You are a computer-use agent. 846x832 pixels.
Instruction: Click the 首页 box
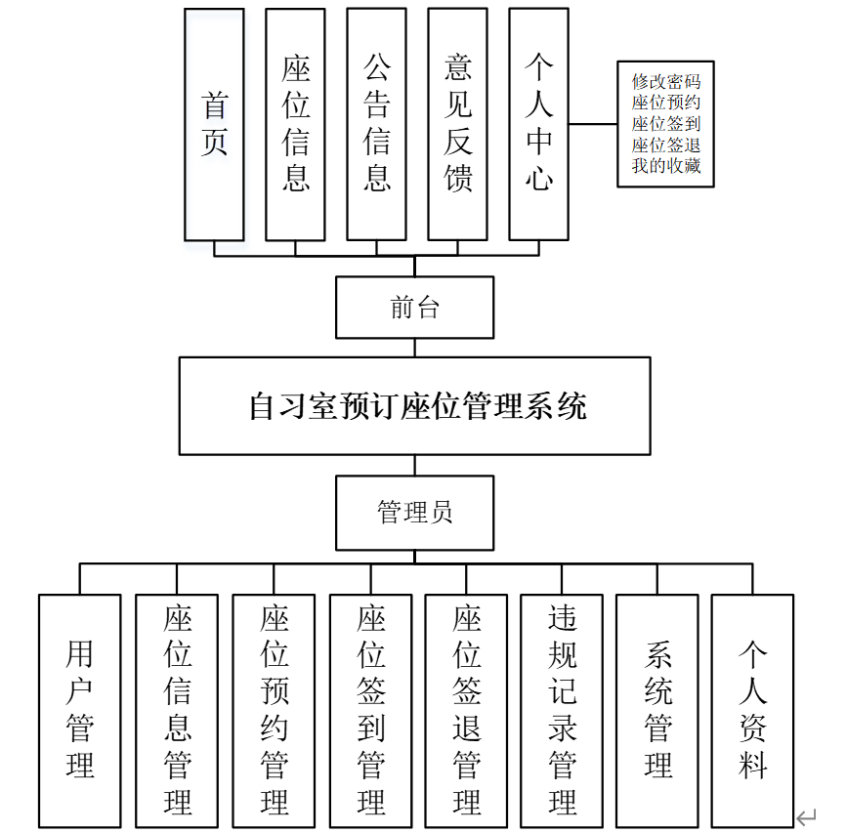point(214,124)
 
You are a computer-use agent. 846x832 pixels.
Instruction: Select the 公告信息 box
point(376,124)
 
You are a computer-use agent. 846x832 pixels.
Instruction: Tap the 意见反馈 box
point(457,124)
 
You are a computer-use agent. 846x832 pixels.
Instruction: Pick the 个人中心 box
point(538,124)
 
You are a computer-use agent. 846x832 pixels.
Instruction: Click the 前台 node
point(414,308)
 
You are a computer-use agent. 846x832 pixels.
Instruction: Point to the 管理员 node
point(414,513)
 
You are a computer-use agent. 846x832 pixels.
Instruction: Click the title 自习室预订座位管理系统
point(414,405)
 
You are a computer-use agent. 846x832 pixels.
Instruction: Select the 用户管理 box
point(80,710)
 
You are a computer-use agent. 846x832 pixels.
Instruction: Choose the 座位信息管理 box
point(177,710)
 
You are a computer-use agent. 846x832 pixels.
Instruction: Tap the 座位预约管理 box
point(274,710)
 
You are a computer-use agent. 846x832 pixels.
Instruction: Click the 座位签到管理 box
point(370,710)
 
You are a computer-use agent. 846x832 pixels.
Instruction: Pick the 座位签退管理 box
point(466,710)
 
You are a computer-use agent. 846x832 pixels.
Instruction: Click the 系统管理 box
point(657,710)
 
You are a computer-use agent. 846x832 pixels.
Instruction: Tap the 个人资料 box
point(752,710)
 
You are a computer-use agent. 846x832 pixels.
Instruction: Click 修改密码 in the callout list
point(666,81)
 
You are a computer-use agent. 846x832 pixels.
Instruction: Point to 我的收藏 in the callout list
point(666,166)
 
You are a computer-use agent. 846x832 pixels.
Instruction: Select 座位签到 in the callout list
point(666,124)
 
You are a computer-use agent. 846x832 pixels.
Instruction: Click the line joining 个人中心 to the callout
point(593,124)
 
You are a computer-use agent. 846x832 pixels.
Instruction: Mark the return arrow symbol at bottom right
point(805,816)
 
